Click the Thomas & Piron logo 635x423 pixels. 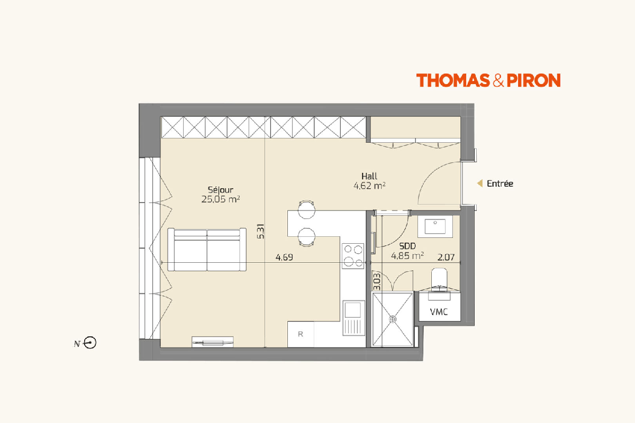(488, 80)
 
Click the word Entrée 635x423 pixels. (500, 183)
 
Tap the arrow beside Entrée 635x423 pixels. (479, 183)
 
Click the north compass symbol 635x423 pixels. (90, 343)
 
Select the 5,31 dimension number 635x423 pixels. (261, 232)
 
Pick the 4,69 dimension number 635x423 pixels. (284, 258)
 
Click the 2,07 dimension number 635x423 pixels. (446, 258)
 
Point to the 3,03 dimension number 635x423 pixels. (377, 282)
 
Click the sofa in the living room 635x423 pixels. (207, 250)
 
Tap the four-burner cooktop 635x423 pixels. (353, 256)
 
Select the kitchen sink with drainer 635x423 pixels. (353, 318)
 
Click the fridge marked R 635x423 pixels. (301, 334)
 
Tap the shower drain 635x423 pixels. (393, 319)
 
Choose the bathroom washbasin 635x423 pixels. (435, 226)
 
